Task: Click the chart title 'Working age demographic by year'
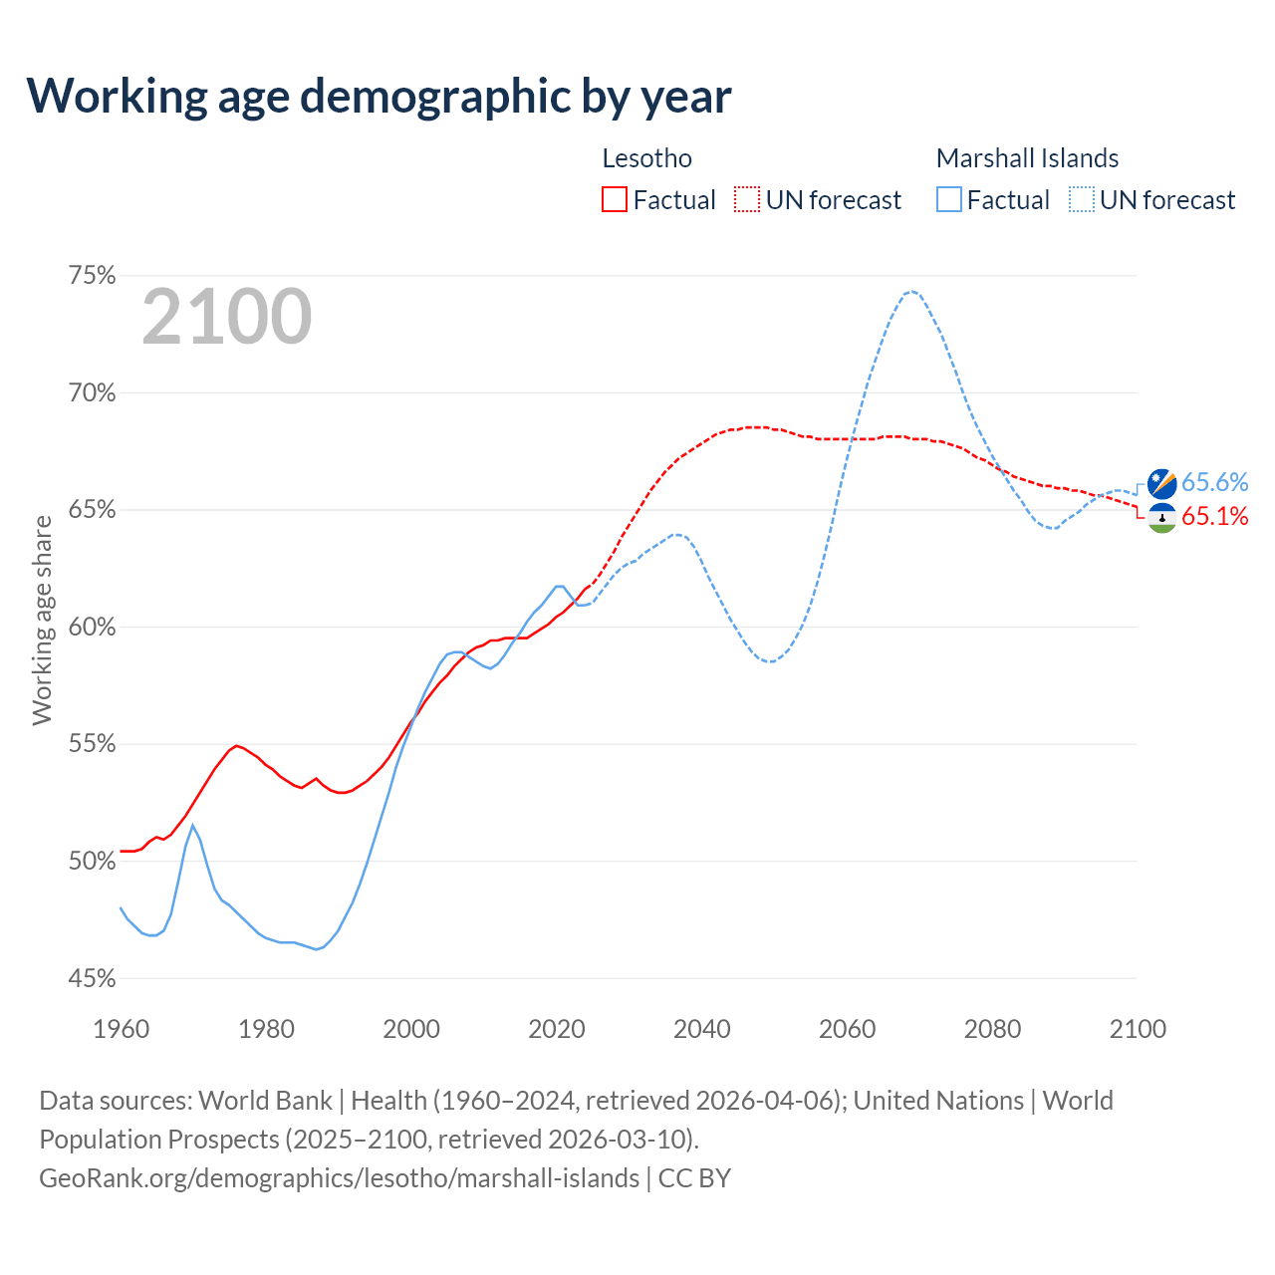(x=379, y=96)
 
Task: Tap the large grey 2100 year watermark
(x=227, y=317)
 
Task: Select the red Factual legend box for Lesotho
(x=615, y=200)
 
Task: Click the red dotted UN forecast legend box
(x=747, y=200)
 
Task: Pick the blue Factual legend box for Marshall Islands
(x=949, y=200)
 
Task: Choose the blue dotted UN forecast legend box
(x=1082, y=200)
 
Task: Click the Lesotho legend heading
(x=646, y=158)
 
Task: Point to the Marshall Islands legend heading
(x=1027, y=158)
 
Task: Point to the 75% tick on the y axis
(x=92, y=276)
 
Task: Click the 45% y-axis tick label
(x=92, y=979)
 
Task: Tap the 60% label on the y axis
(x=92, y=628)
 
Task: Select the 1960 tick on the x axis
(x=121, y=1029)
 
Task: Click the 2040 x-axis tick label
(x=702, y=1029)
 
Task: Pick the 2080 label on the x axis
(x=992, y=1029)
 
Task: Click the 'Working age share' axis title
(x=42, y=620)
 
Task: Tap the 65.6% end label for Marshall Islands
(x=1214, y=483)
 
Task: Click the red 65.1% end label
(x=1214, y=516)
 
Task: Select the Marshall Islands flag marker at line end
(x=1161, y=484)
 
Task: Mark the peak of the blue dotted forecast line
(x=910, y=291)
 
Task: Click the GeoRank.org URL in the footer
(x=339, y=1178)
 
